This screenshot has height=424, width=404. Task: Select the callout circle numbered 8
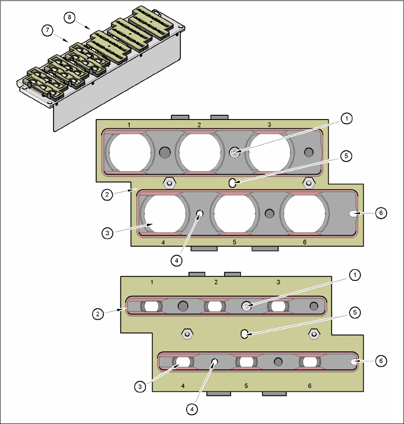tap(69, 17)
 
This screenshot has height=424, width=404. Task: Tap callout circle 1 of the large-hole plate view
tap(347, 119)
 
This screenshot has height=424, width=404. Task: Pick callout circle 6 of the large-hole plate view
tap(379, 213)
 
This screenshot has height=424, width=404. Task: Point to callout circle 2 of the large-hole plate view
tap(108, 194)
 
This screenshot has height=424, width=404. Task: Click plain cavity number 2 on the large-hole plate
tap(199, 125)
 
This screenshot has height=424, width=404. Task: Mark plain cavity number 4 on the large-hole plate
tap(163, 242)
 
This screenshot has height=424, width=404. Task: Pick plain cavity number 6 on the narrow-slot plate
tap(310, 386)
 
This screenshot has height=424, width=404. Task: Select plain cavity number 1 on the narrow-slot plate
tap(152, 282)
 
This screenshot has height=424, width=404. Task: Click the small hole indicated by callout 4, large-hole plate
tap(200, 214)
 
